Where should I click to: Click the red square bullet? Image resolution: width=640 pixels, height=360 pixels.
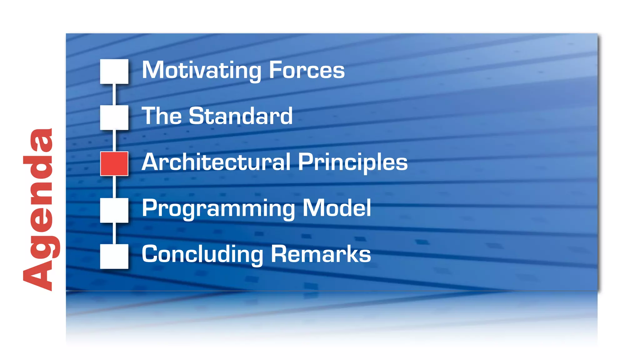114,163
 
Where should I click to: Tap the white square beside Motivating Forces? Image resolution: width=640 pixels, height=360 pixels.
114,71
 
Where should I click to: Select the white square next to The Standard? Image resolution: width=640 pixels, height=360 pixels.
114,117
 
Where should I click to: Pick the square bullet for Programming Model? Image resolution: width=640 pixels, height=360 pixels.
114,210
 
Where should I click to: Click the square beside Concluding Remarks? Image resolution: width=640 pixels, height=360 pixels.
114,256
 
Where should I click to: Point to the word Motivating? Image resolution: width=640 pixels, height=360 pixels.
201,71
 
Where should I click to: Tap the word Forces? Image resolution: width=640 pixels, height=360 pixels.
307,71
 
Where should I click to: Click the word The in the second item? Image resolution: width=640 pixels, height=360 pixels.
162,116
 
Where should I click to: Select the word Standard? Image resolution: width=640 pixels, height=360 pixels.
241,116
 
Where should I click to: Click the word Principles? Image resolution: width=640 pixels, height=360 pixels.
352,163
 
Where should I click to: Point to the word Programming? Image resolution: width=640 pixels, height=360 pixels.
218,209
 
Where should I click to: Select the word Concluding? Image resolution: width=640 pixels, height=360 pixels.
202,255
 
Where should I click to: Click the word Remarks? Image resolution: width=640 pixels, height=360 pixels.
321,254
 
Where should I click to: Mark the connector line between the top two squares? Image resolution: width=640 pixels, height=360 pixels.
114,94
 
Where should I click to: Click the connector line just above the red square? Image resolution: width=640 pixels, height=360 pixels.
114,141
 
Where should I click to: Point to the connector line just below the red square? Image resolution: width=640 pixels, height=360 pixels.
114,187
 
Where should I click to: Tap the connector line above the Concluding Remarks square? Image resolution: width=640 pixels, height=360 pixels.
114,233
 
